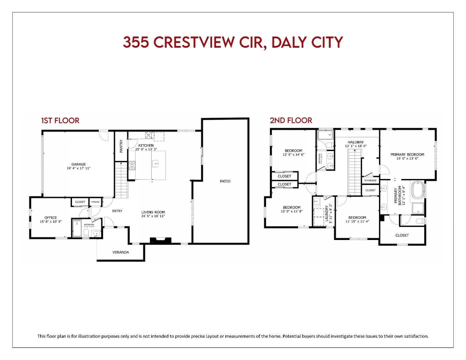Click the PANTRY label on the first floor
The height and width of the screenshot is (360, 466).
(121, 146)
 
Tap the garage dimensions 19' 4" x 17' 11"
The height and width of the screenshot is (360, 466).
(78, 168)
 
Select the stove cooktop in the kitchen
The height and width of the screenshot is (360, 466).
(132, 166)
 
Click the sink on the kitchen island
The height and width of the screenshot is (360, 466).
(155, 163)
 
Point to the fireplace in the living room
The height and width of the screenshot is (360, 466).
(160, 241)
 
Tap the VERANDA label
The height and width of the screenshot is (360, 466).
(121, 252)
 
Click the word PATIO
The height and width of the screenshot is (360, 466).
(225, 181)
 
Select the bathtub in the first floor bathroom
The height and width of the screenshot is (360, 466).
(77, 228)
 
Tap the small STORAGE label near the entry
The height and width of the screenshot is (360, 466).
(95, 202)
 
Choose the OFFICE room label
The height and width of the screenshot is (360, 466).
(51, 218)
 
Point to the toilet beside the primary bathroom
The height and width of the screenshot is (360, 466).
(421, 221)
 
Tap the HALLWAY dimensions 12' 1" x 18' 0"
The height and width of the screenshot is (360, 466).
(356, 146)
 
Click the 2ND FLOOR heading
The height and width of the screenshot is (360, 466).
(291, 120)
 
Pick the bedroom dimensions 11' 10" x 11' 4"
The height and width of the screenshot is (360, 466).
(357, 221)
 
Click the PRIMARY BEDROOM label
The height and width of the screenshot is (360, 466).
(407, 154)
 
